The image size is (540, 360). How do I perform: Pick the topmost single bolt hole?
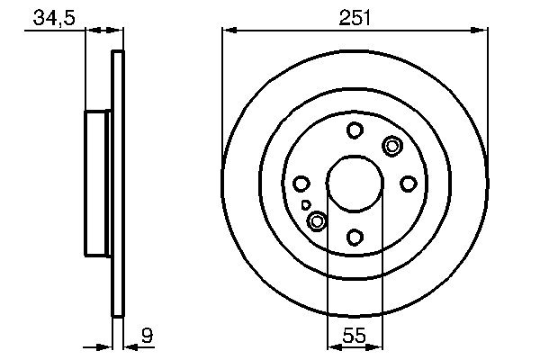click(x=355, y=130)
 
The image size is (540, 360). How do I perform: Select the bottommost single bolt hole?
click(x=355, y=237)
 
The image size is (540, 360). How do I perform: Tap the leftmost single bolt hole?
click(x=301, y=184)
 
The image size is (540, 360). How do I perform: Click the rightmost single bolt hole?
click(x=408, y=184)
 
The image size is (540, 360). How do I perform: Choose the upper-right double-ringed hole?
click(x=392, y=146)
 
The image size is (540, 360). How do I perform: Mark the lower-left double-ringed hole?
click(x=317, y=220)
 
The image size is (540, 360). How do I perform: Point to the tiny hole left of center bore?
click(x=307, y=205)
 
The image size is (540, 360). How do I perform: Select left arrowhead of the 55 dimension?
click(x=332, y=346)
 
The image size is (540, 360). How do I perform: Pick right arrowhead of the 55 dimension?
click(x=378, y=346)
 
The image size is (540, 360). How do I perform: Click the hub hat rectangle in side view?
click(x=98, y=184)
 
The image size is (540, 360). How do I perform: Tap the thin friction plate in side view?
click(x=116, y=184)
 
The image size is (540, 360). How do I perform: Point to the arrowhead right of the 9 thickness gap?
click(x=127, y=346)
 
